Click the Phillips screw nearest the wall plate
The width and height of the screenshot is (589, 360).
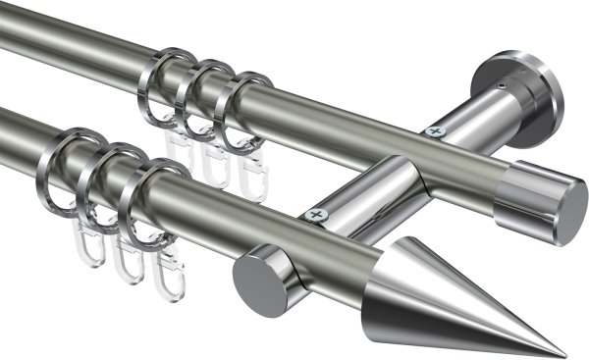[433, 129]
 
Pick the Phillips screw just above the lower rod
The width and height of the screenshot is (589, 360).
[315, 213]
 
